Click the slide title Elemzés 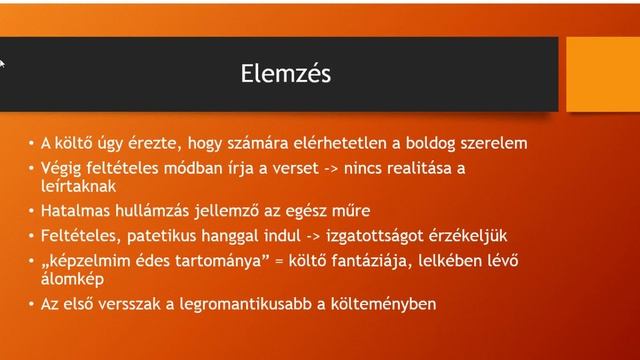(x=286, y=74)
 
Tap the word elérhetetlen (x=347, y=143)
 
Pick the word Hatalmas (x=76, y=211)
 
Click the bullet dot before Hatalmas (x=31, y=211)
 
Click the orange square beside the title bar (x=602, y=74)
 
